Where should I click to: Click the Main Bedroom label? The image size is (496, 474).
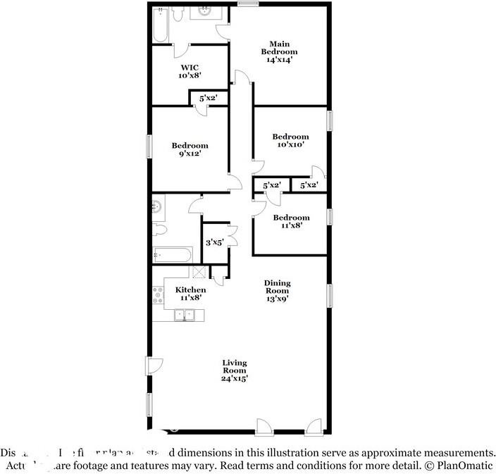[279, 52]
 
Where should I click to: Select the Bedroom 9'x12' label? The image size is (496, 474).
[190, 149]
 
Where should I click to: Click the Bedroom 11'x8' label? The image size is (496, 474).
[291, 222]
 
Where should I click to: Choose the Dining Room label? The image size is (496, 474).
[278, 290]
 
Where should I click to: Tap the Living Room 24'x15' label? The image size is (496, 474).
[235, 370]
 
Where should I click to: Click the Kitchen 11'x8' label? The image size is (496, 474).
[190, 294]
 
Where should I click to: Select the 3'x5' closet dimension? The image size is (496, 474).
[214, 242]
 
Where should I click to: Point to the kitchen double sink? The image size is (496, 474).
[184, 316]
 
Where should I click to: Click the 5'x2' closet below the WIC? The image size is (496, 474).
[207, 99]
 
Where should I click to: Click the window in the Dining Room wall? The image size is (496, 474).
[329, 295]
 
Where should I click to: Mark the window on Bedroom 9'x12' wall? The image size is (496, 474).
[149, 146]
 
